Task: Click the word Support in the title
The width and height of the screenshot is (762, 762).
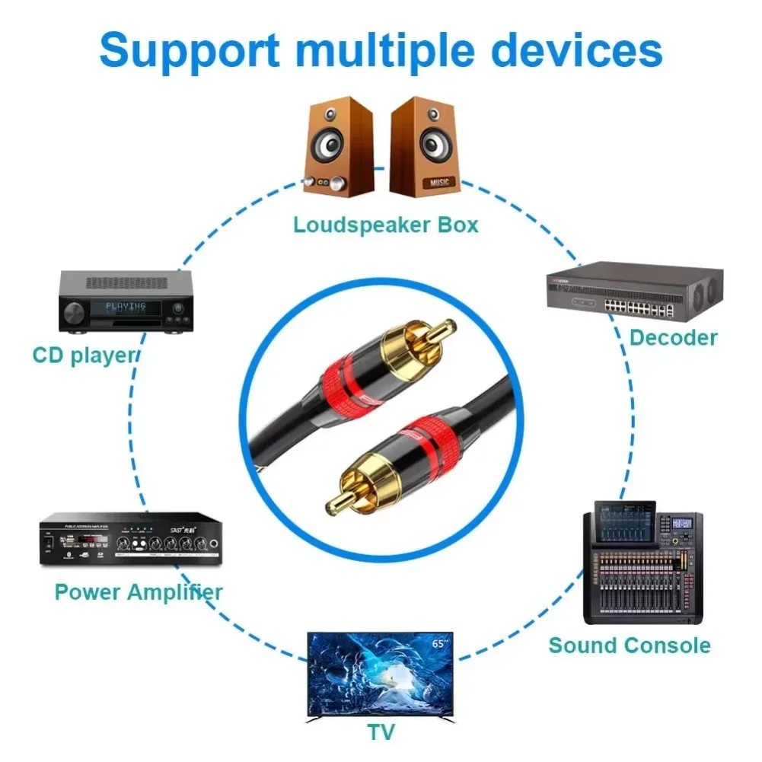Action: (x=190, y=49)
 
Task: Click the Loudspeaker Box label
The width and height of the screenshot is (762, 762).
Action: (x=386, y=225)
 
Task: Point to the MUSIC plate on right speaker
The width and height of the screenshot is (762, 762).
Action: (x=439, y=183)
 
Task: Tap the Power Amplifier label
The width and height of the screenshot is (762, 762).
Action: (x=139, y=591)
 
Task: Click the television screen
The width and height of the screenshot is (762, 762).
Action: (x=380, y=674)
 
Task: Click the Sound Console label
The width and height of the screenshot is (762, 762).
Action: (x=629, y=646)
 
